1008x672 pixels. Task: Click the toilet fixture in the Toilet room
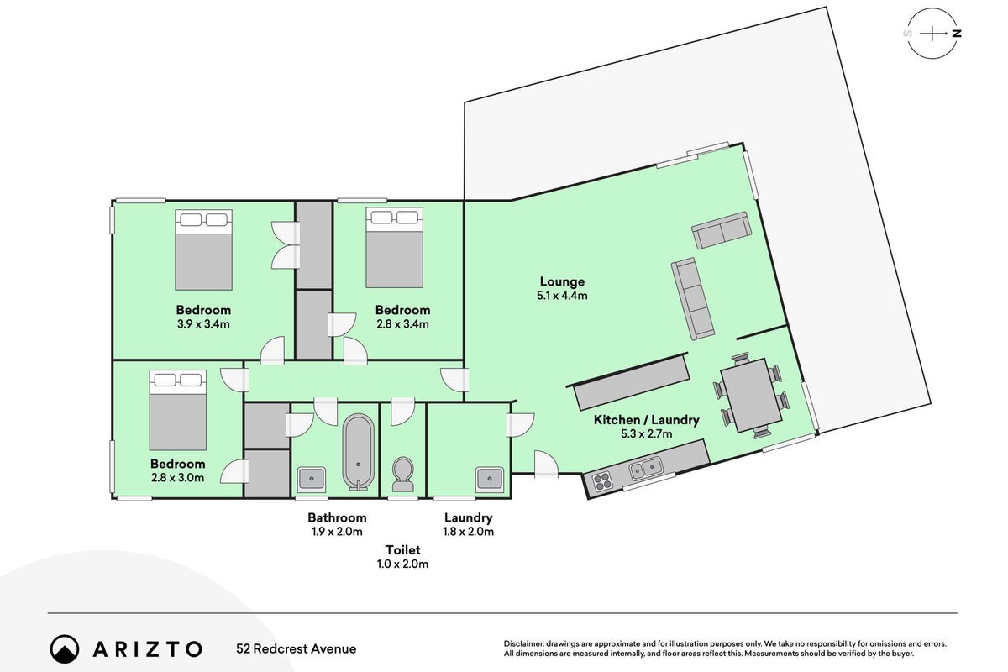tap(402, 475)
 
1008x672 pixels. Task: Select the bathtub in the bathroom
tap(358, 452)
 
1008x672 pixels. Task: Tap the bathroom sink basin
tap(312, 478)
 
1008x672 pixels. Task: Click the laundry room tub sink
tap(490, 478)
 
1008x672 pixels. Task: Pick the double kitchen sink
tap(646, 469)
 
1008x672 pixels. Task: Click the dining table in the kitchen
tap(751, 395)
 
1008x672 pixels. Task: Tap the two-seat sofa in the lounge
tap(722, 230)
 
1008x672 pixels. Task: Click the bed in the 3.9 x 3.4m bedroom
tap(204, 249)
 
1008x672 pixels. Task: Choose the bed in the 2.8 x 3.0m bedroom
tap(178, 410)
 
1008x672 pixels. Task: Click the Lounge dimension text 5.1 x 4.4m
tap(562, 296)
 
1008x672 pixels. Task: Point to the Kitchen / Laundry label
tap(646, 420)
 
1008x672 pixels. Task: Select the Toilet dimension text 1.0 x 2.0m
tap(402, 564)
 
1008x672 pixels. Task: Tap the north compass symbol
tap(932, 34)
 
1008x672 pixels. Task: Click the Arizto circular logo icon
tap(65, 648)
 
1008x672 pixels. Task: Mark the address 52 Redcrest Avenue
tap(296, 648)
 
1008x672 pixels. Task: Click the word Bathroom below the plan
tap(337, 517)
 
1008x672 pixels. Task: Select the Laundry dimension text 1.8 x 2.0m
tap(468, 532)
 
